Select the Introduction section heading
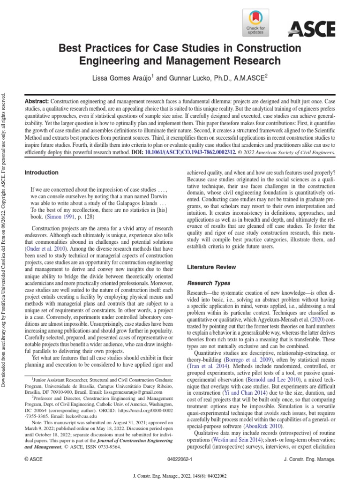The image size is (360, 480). click(41, 172)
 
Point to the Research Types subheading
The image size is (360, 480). click(209, 283)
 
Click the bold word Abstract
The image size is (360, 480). click(37, 102)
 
